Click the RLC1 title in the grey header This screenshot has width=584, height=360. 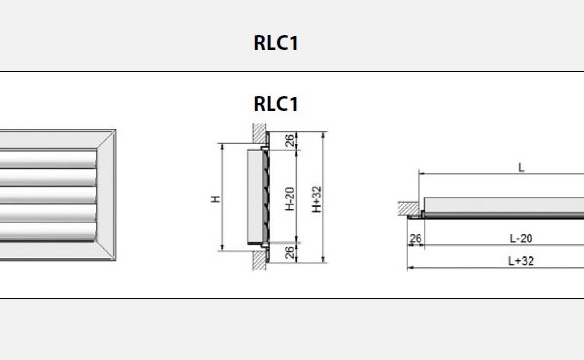click(x=276, y=43)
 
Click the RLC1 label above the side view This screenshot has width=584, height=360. click(x=276, y=104)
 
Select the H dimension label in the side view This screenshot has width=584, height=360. click(x=216, y=198)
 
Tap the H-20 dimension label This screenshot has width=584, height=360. click(x=290, y=198)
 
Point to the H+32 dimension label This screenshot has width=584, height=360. click(x=317, y=199)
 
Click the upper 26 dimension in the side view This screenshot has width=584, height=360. click(x=290, y=141)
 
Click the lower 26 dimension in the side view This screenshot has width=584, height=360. click(x=290, y=253)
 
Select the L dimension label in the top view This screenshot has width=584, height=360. click(x=521, y=168)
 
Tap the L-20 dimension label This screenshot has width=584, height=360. click(x=521, y=238)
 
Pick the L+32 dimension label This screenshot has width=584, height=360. click(x=521, y=261)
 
